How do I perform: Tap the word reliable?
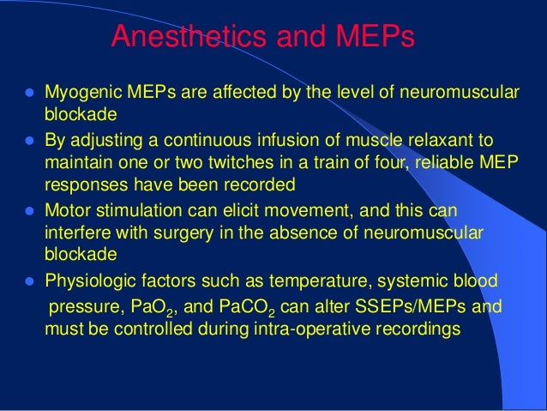point(451,161)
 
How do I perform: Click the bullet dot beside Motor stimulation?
point(28,210)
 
